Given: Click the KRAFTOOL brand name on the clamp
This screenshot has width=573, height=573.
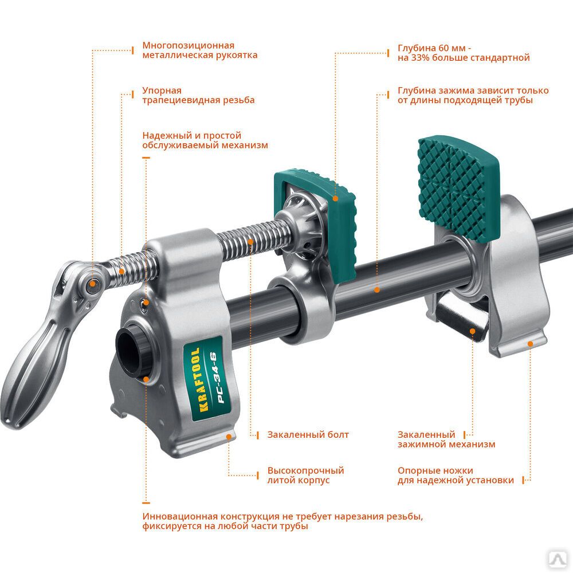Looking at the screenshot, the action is [x=200, y=379].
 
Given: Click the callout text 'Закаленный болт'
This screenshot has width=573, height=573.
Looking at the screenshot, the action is [x=308, y=435].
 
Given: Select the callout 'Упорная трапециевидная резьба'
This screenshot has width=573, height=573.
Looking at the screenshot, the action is [x=198, y=95].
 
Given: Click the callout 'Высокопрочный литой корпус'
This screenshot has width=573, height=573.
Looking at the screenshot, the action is [x=305, y=476].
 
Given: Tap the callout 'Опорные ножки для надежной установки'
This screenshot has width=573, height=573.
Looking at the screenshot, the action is [x=456, y=476].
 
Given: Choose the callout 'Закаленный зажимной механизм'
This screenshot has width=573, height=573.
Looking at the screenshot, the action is [x=446, y=439].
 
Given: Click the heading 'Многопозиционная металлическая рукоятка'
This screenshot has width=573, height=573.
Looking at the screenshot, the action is [x=200, y=50].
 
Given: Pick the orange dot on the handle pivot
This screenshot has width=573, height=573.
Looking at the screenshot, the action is [x=93, y=284].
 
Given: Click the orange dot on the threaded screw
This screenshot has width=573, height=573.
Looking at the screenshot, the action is [x=250, y=242].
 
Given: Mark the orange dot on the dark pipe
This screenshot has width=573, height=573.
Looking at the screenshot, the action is [x=377, y=290].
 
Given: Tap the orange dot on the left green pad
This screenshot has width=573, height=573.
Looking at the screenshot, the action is [x=335, y=198].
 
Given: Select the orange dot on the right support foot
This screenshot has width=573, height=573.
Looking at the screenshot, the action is [x=530, y=343].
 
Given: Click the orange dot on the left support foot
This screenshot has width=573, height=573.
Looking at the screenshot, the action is [x=229, y=436].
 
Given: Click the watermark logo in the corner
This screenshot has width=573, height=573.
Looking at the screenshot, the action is [x=558, y=558].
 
